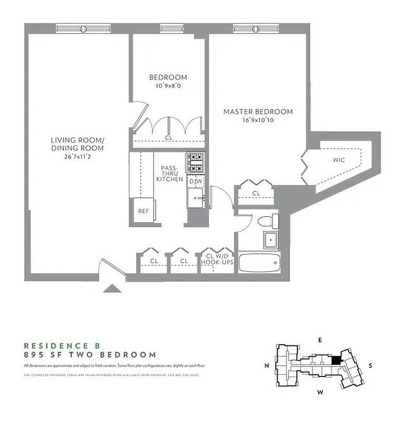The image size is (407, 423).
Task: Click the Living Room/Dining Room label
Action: tap(77, 144)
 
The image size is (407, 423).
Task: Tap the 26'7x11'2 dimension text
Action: tap(77, 157)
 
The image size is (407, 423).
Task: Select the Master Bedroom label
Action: tap(258, 112)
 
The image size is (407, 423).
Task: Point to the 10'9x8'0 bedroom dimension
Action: tap(168, 86)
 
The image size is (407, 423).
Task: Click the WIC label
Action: tap(339, 159)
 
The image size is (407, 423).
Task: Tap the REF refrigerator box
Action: tap(143, 210)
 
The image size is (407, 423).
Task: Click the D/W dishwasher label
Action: tap(195, 182)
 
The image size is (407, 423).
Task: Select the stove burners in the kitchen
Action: tap(195, 163)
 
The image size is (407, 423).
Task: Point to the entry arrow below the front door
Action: tap(112, 288)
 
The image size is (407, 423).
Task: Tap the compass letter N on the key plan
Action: tap(267, 365)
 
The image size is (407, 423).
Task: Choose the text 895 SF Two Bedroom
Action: tap(90, 355)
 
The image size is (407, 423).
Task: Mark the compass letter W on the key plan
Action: tap(320, 392)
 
